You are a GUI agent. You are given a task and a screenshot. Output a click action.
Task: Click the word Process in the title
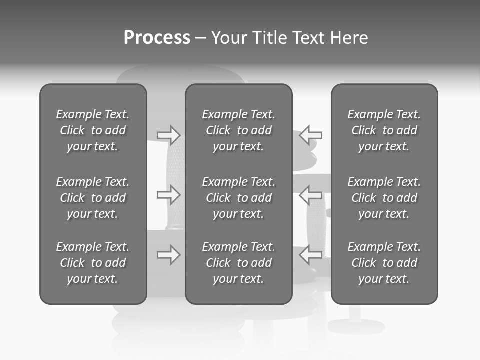pyautogui.click(x=157, y=38)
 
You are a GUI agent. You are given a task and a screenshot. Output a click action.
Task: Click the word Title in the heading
pyautogui.click(x=268, y=38)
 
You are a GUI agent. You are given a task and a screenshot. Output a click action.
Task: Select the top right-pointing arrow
pyautogui.click(x=168, y=135)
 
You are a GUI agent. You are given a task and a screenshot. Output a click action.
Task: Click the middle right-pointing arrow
pyautogui.click(x=168, y=195)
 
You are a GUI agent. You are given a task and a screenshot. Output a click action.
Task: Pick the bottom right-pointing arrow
pyautogui.click(x=168, y=255)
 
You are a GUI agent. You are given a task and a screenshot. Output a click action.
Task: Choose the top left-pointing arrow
pyautogui.click(x=311, y=135)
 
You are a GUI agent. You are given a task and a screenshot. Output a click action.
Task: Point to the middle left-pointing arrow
pyautogui.click(x=311, y=195)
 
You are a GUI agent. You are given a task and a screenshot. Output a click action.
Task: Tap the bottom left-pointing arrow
pyautogui.click(x=311, y=255)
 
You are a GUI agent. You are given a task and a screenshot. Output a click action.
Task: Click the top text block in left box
pyautogui.click(x=93, y=130)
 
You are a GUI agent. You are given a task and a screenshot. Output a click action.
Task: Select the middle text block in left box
pyautogui.click(x=93, y=198)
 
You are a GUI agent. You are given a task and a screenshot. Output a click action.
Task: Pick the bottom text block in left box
pyautogui.click(x=93, y=263)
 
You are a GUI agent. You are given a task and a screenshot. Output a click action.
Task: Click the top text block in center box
pyautogui.click(x=239, y=130)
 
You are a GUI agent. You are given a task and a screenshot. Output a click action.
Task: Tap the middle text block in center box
pyautogui.click(x=239, y=198)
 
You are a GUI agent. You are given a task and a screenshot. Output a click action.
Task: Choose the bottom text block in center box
pyautogui.click(x=239, y=263)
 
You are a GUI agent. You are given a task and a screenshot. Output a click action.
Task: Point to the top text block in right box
pyautogui.click(x=384, y=130)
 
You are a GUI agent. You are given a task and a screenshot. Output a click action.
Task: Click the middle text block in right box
pyautogui.click(x=384, y=198)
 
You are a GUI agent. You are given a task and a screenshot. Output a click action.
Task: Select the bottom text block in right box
pyautogui.click(x=384, y=263)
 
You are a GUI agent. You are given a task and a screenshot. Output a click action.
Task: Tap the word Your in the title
pyautogui.click(x=230, y=38)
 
